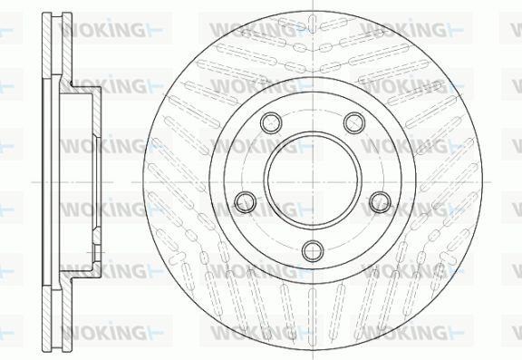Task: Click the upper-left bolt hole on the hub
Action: [x=271, y=123]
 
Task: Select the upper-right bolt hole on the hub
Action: [x=354, y=123]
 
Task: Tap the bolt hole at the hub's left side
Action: [x=246, y=202]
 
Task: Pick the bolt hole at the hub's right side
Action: [x=381, y=202]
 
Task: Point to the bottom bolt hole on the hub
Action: [x=313, y=251]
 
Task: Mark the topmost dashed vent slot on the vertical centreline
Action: [x=313, y=23]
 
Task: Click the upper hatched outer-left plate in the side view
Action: [x=47, y=46]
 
